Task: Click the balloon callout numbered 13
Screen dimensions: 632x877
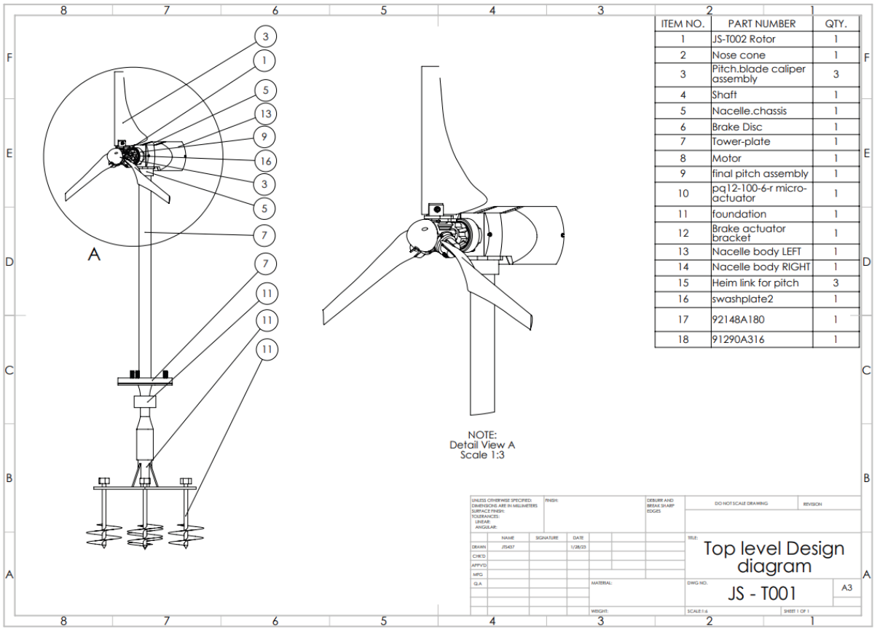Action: click(265, 114)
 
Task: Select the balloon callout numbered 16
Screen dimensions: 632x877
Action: click(265, 161)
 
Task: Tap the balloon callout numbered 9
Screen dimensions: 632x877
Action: click(265, 137)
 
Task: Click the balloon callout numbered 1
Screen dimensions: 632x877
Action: click(265, 60)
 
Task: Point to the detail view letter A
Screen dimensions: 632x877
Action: click(93, 254)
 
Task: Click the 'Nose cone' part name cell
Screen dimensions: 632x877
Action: click(739, 55)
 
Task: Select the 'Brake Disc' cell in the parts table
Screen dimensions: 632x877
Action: click(737, 127)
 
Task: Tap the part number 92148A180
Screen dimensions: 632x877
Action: click(738, 319)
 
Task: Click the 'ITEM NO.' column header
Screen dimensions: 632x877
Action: click(683, 23)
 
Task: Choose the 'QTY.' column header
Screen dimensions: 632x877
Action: click(835, 23)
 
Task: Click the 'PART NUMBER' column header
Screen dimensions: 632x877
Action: click(761, 23)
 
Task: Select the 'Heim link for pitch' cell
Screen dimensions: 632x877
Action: click(755, 283)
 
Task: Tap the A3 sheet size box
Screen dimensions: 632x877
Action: click(846, 588)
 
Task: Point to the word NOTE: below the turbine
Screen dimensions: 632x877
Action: click(482, 435)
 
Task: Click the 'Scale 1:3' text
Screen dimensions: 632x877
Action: click(482, 455)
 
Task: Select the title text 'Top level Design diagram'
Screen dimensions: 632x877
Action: click(774, 557)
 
